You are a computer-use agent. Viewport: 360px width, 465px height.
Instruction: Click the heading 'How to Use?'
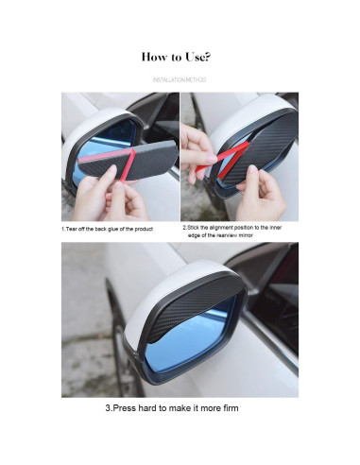[x=176, y=57]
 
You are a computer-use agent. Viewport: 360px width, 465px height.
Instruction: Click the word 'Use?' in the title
[x=197, y=57]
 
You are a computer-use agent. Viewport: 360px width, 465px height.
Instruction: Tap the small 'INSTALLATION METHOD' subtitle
[x=180, y=80]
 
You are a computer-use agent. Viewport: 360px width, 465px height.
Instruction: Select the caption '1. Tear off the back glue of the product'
[x=107, y=229]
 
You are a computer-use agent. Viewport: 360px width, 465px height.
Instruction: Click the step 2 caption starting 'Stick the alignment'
[x=232, y=232]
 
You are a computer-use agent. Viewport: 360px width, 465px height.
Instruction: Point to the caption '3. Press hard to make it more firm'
[x=172, y=408]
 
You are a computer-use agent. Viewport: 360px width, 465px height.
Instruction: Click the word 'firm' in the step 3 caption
[x=231, y=408]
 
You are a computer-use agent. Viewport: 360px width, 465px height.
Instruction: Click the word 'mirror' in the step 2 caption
[x=246, y=235]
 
